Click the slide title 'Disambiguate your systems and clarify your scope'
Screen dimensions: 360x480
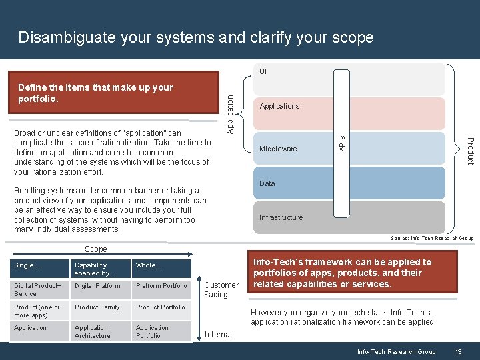pos(196,37)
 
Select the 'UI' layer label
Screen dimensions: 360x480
pos(263,71)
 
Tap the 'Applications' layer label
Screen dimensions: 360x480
pos(279,106)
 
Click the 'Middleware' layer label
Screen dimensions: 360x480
pos(278,149)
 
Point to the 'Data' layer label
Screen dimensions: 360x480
pos(267,183)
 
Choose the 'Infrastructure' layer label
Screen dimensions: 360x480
pos(281,217)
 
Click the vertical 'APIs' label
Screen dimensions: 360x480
pos(342,142)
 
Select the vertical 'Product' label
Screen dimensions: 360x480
pos(469,151)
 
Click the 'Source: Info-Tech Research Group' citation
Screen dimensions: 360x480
pos(431,238)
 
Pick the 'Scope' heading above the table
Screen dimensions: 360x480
pos(95,249)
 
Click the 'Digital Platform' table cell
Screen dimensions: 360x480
pos(97,286)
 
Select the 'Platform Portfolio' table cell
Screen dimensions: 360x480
pos(161,286)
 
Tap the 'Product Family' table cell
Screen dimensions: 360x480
pos(97,307)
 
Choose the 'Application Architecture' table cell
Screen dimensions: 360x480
pos(93,332)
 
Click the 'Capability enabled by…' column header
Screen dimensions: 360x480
pos(95,269)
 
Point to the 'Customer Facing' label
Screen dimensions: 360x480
pos(221,290)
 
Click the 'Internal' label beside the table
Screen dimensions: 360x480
pos(218,335)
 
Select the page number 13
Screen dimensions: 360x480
pos(457,352)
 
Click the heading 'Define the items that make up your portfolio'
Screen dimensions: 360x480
pos(95,93)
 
